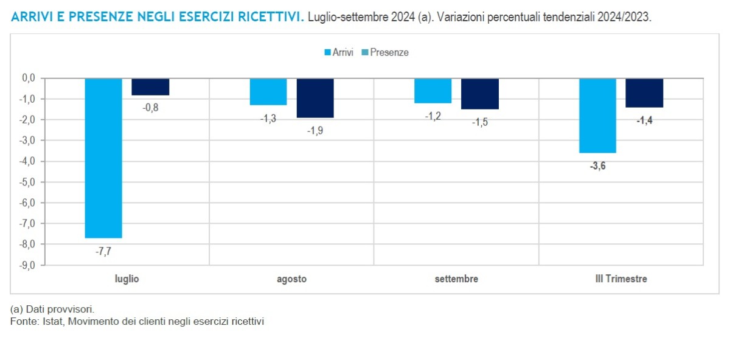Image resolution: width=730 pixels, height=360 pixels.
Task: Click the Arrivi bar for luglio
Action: [x=103, y=158]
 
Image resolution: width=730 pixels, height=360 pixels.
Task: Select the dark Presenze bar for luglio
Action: [x=150, y=87]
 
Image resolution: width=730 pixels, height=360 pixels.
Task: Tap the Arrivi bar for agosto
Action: [x=268, y=92]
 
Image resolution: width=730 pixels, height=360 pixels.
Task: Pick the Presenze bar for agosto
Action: [x=315, y=98]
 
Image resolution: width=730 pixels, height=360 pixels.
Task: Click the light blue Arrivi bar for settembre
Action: [x=433, y=91]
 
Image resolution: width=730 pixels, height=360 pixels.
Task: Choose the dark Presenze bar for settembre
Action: [x=480, y=94]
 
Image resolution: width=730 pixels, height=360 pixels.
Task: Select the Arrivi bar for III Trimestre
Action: [x=597, y=116]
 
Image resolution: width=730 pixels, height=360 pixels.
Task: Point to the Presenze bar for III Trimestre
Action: [x=644, y=92]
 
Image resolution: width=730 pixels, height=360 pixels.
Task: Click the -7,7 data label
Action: [x=103, y=251]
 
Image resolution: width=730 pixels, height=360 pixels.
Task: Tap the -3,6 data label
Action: [x=597, y=165]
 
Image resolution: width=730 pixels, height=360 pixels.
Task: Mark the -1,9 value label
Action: [x=315, y=130]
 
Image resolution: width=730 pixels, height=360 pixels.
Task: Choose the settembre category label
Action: [x=456, y=279]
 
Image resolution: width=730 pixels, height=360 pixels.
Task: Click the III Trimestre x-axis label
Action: [x=621, y=279]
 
